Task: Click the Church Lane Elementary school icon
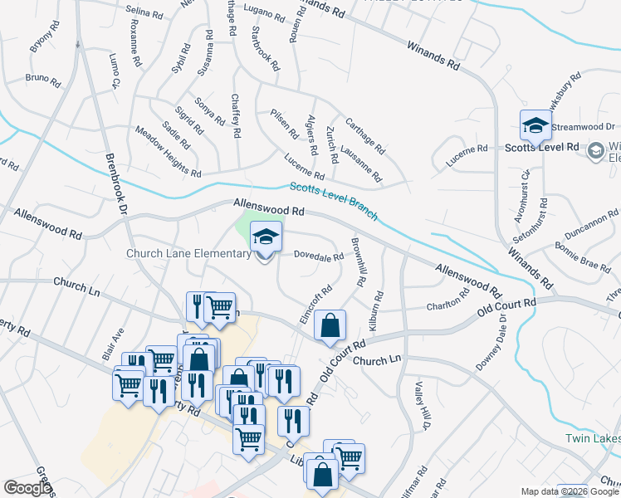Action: point(266,239)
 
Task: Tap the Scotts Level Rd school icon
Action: point(535,126)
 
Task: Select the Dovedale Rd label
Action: point(320,256)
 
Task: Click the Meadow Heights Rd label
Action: point(168,151)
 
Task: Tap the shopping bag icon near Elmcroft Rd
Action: point(330,327)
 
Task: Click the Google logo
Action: point(27,488)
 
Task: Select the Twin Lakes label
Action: point(593,438)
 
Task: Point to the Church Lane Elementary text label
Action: point(188,254)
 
